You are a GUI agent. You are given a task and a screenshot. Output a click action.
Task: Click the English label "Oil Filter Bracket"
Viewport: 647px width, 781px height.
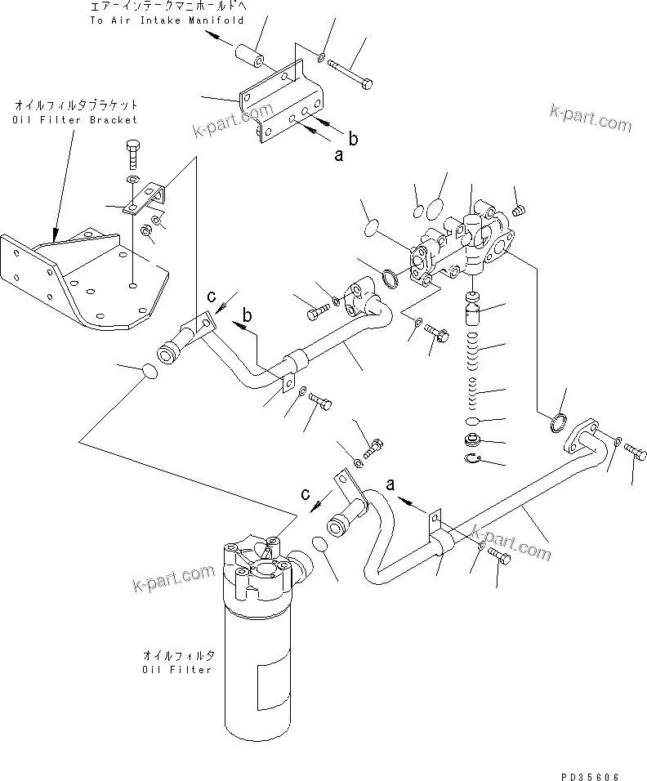75,120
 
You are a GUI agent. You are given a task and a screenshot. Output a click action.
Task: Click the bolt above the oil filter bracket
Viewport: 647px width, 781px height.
132,153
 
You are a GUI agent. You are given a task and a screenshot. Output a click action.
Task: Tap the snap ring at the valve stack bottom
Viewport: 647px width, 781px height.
473,459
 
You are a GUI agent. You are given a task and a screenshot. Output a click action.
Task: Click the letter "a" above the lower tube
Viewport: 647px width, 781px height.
390,484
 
